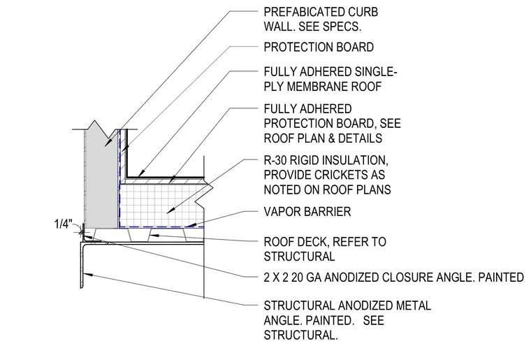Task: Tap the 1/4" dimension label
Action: pyautogui.click(x=64, y=224)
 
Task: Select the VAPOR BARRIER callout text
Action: pyautogui.click(x=307, y=212)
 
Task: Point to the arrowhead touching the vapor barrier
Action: pyautogui.click(x=189, y=224)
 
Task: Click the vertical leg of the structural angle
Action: pyautogui.click(x=82, y=265)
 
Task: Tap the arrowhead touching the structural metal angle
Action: pyautogui.click(x=89, y=274)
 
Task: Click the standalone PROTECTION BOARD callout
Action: pyautogui.click(x=319, y=47)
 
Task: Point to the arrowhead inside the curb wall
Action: pyautogui.click(x=108, y=142)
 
